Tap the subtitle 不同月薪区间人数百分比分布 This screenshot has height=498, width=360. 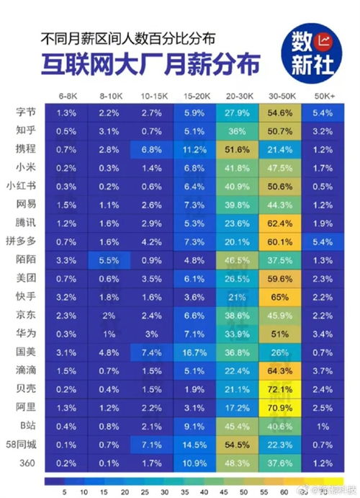point(127,36)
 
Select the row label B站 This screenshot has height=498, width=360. point(27,425)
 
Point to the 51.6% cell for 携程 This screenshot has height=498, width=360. point(238,149)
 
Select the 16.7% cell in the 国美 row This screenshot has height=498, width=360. point(194,352)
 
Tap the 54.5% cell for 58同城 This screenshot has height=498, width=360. point(238,444)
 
